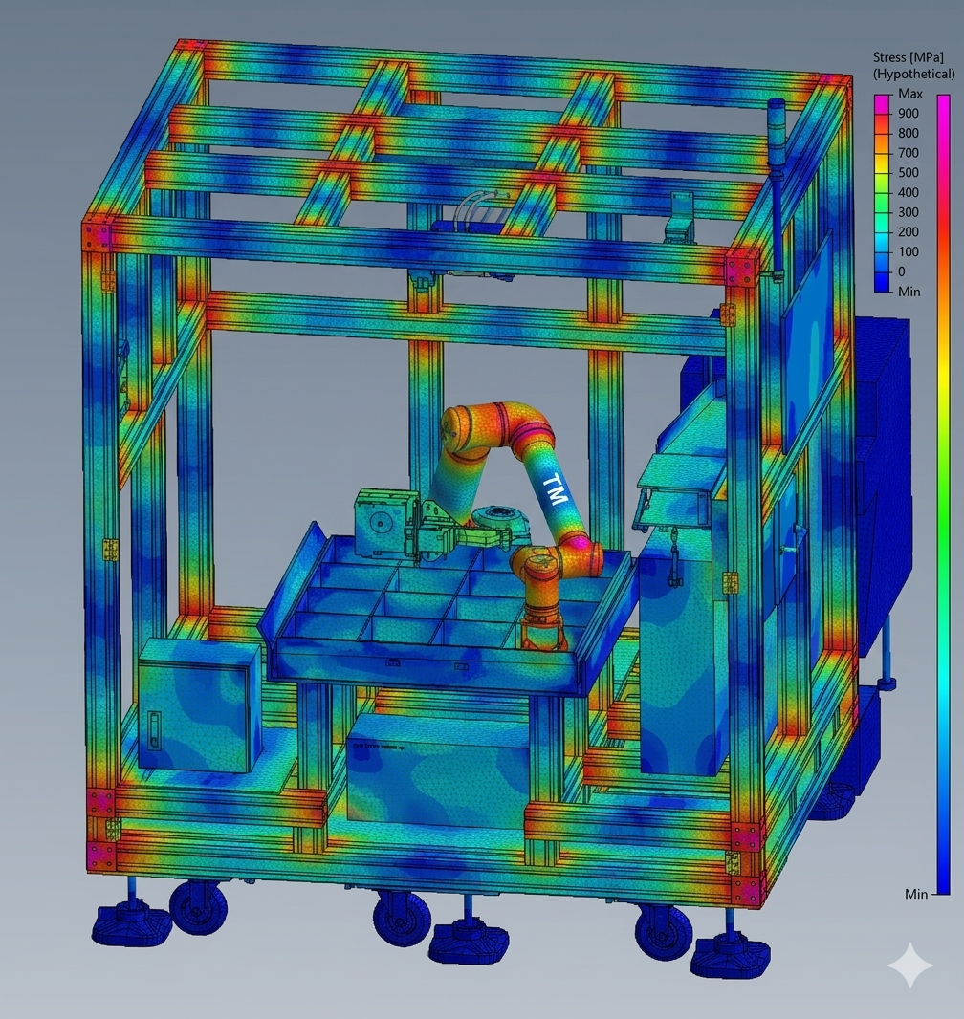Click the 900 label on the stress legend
point(909,113)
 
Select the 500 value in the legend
point(909,172)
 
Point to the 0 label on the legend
point(902,271)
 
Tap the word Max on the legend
point(910,94)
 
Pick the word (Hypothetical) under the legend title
point(914,74)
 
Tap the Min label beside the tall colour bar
point(916,894)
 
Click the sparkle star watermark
point(910,965)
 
